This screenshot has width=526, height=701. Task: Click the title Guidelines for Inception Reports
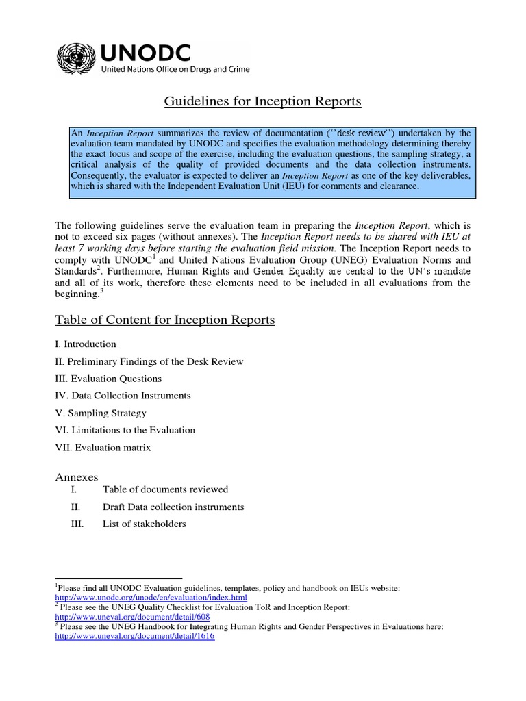[262, 102]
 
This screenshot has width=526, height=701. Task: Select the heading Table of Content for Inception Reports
[164, 320]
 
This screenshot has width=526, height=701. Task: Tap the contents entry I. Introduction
[86, 344]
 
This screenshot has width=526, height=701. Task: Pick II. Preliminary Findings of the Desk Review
[149, 361]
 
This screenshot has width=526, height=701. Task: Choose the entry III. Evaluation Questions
[108, 379]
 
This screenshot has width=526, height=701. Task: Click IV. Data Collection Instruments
[123, 396]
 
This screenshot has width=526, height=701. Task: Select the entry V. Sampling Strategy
[101, 413]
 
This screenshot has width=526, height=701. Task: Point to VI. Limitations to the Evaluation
[125, 430]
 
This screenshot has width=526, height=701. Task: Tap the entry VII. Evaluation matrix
[103, 448]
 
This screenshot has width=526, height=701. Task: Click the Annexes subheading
[76, 476]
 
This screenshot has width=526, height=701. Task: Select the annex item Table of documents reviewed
[165, 489]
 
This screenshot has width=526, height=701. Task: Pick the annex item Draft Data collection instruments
[173, 507]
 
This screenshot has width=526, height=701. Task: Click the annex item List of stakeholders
[144, 524]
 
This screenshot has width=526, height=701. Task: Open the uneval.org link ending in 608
[132, 617]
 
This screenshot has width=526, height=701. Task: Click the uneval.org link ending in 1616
[134, 636]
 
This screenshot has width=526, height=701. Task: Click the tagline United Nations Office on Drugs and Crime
[175, 69]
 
